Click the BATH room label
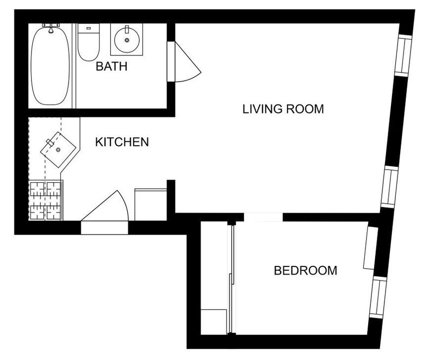pyautogui.click(x=111, y=66)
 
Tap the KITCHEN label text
pyautogui.click(x=122, y=142)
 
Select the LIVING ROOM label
pyautogui.click(x=283, y=109)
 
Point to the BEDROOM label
pyautogui.click(x=306, y=270)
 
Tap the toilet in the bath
pyautogui.click(x=89, y=42)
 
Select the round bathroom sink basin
pyautogui.click(x=127, y=40)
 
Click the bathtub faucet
pyautogui.click(x=51, y=28)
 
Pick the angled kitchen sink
pyautogui.click(x=58, y=150)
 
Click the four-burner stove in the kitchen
pyautogui.click(x=46, y=200)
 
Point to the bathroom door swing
pyautogui.click(x=184, y=62)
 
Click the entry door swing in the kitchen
pyautogui.click(x=105, y=206)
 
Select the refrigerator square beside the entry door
pyautogui.click(x=151, y=204)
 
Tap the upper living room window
pyautogui.click(x=403, y=55)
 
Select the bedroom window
pyautogui.click(x=378, y=297)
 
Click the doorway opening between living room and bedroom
pyautogui.click(x=263, y=217)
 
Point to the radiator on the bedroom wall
pyautogui.click(x=371, y=248)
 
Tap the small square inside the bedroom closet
pyautogui.click(x=214, y=322)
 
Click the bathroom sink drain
pyautogui.click(x=127, y=40)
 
